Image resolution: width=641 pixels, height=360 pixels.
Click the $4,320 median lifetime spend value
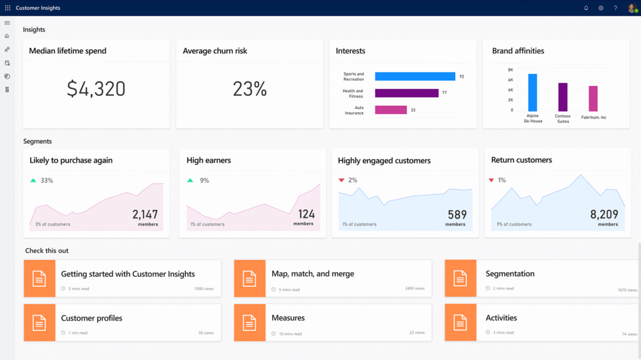pyautogui.click(x=96, y=89)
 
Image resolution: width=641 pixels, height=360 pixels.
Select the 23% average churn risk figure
pyautogui.click(x=250, y=89)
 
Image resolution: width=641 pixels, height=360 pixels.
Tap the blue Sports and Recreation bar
pyautogui.click(x=415, y=76)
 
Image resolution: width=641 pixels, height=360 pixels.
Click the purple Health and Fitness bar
pyautogui.click(x=406, y=93)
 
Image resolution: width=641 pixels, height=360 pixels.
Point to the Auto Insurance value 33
pyautogui.click(x=413, y=110)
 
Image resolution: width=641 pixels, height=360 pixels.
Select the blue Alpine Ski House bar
pyautogui.click(x=533, y=92)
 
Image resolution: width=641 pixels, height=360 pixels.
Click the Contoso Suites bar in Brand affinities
pyautogui.click(x=563, y=97)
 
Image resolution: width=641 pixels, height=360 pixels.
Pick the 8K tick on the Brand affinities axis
pyautogui.click(x=510, y=70)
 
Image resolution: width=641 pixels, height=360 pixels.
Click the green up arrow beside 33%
pyautogui.click(x=33, y=180)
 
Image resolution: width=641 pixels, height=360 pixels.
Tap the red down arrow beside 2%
pyautogui.click(x=341, y=180)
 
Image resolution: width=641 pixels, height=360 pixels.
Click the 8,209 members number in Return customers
pyautogui.click(x=604, y=215)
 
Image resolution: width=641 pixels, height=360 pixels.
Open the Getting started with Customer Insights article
pyautogui.click(x=128, y=274)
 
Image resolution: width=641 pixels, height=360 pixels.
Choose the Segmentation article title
pyautogui.click(x=510, y=274)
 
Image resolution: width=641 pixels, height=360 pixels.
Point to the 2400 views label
pyautogui.click(x=414, y=289)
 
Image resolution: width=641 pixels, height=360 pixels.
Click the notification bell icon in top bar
pyautogui.click(x=586, y=8)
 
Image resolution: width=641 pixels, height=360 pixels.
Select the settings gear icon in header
pyautogui.click(x=601, y=8)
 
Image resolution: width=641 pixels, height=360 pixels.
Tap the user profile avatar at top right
pyautogui.click(x=632, y=8)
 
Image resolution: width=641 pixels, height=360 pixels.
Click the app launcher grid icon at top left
pyautogui.click(x=8, y=8)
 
